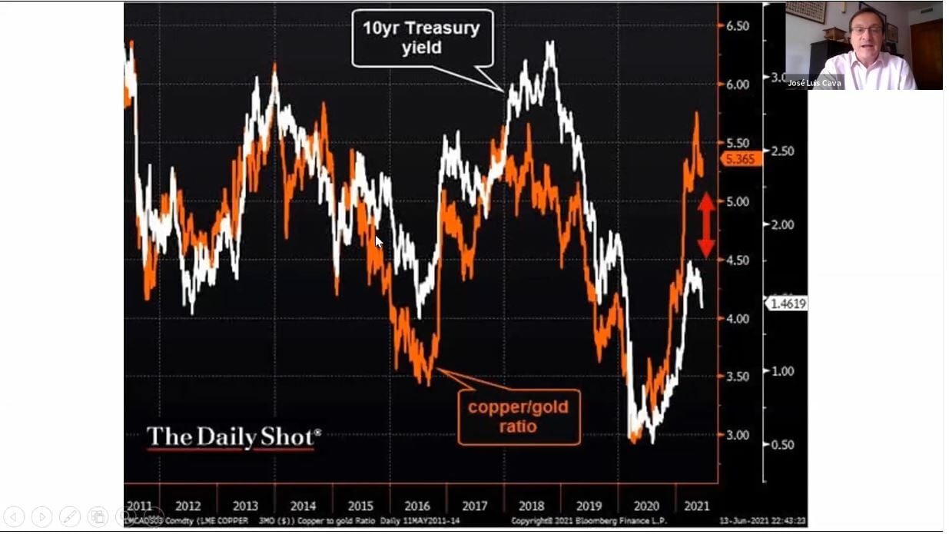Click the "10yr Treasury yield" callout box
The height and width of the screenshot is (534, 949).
[x=422, y=38]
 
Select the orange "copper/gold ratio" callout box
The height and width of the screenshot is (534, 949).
[x=519, y=416]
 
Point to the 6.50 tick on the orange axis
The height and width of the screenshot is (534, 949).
[x=737, y=25]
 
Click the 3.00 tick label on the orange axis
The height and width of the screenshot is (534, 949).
[x=737, y=435]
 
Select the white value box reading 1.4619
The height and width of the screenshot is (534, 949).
[x=786, y=303]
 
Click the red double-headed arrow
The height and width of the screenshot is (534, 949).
[x=706, y=224]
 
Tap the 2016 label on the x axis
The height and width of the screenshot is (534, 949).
[x=417, y=506]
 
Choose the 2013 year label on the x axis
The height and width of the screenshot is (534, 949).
[x=245, y=506]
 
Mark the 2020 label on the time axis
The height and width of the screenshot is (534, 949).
[x=646, y=506]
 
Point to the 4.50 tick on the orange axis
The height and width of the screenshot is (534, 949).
[x=737, y=260]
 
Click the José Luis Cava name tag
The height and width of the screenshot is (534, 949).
[x=815, y=83]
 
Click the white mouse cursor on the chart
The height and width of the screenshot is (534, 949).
[x=378, y=241]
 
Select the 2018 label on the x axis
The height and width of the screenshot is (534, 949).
[x=532, y=506]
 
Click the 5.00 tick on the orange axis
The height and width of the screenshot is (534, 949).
[x=737, y=201]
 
